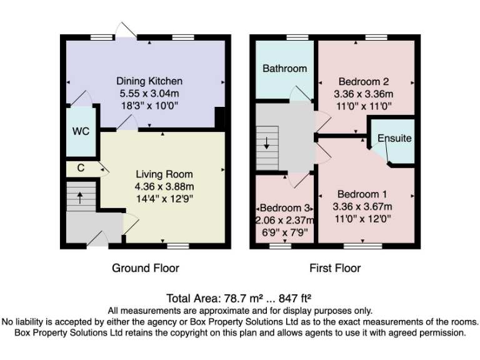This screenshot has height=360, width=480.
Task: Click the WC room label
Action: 81,131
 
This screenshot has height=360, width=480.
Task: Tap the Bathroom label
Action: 285,68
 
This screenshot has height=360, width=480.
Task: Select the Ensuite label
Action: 394,138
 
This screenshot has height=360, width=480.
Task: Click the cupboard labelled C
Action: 81,167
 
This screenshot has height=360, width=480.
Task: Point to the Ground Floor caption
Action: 146,268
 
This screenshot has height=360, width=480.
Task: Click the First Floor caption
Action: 335,268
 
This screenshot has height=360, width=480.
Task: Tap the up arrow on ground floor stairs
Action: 80,197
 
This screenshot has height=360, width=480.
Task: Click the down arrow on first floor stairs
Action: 267,143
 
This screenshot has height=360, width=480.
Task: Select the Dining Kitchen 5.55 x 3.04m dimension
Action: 149,93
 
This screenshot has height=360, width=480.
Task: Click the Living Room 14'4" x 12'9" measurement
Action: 164,199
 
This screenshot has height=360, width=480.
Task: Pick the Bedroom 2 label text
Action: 364,82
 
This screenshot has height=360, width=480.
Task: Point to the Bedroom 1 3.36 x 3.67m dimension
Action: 362,207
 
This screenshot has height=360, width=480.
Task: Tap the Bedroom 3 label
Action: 285,208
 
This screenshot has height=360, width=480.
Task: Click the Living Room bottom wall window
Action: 178,246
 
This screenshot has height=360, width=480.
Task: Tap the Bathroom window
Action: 297,37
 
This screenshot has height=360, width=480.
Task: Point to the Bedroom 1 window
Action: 362,246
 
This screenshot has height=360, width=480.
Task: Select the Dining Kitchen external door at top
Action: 126,31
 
